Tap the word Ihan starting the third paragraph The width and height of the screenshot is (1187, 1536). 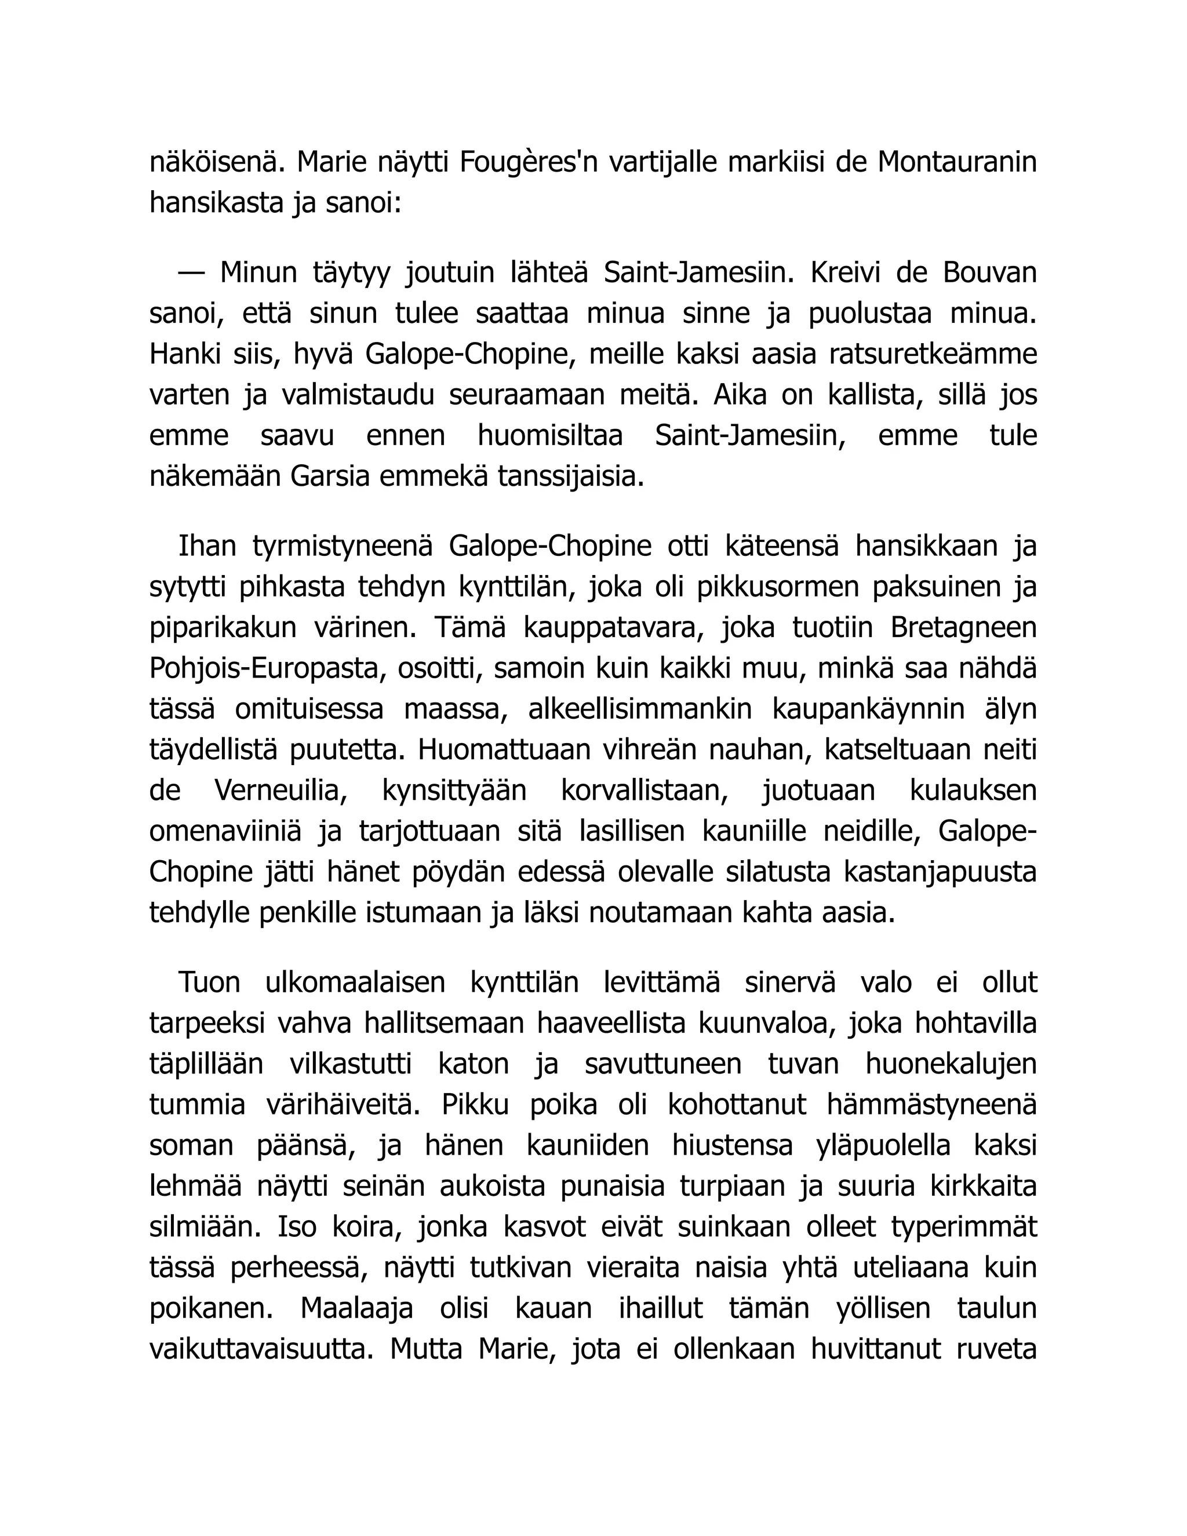click(207, 546)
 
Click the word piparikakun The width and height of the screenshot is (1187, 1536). click(223, 627)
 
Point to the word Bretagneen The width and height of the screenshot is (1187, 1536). click(963, 627)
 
